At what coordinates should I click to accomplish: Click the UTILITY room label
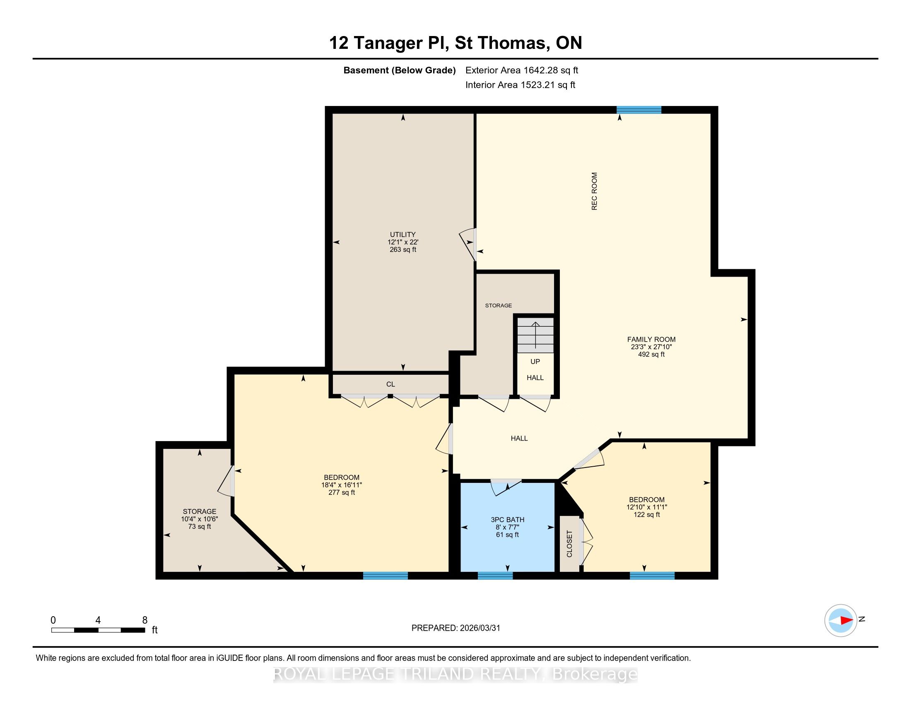point(402,234)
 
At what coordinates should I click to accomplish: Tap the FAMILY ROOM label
point(651,340)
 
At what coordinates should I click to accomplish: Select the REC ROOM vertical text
point(594,191)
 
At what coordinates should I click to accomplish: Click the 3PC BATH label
point(507,520)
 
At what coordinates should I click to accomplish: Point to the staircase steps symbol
point(535,335)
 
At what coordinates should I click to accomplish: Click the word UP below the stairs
point(535,362)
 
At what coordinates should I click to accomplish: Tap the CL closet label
point(390,384)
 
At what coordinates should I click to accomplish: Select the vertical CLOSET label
point(569,543)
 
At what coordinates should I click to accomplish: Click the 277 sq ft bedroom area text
point(342,492)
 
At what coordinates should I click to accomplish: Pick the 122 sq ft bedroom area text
point(646,515)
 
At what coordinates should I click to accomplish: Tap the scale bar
point(98,630)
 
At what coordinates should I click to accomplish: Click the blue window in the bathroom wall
point(495,576)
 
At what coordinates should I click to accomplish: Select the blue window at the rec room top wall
point(639,110)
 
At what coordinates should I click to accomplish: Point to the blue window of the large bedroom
point(386,576)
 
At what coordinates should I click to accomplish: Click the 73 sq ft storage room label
point(200,526)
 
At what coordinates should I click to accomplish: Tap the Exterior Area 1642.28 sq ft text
point(522,70)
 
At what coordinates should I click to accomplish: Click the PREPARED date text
point(455,628)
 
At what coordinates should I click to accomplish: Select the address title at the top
point(455,43)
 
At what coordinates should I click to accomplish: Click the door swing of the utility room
point(468,244)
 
